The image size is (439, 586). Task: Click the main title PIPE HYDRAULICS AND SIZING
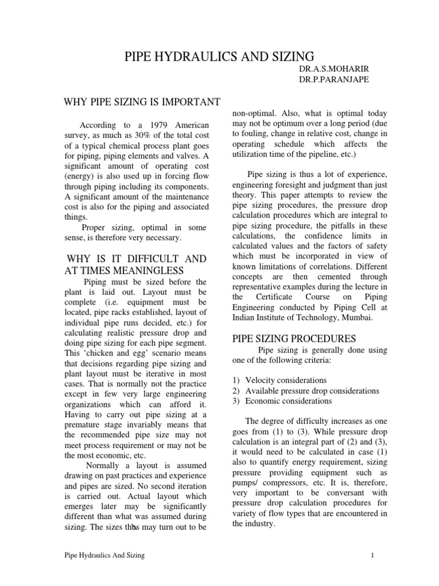coord(219,56)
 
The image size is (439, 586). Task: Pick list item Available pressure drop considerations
coord(312,391)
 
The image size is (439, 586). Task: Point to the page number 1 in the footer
coord(372,555)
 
